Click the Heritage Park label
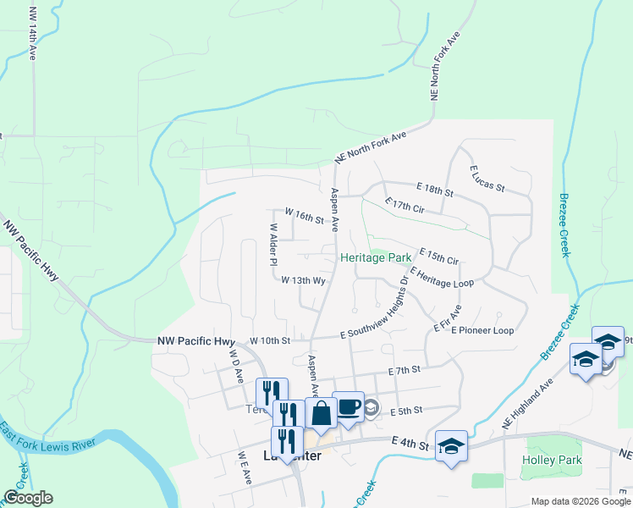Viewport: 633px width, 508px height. [x=375, y=257]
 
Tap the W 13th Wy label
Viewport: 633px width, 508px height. [x=304, y=279]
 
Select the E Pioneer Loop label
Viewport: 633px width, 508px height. [x=482, y=330]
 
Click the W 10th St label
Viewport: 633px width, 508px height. [x=270, y=340]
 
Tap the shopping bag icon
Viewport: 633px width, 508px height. [x=321, y=415]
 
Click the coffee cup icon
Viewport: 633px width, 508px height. [x=348, y=407]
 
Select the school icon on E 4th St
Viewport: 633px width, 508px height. [x=452, y=446]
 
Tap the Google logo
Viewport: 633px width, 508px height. [x=27, y=498]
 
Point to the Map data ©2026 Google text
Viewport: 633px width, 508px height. [x=581, y=501]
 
